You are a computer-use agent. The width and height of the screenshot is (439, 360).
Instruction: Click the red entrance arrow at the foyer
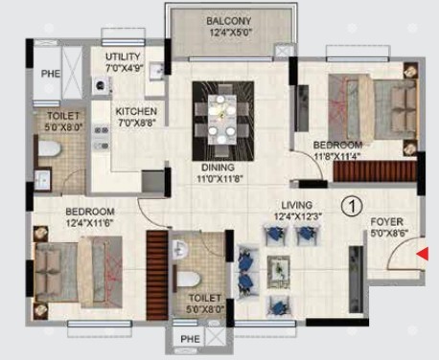coord(423,254)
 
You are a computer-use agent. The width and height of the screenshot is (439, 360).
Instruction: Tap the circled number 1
coord(352,206)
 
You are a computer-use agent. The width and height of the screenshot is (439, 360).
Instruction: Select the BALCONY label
coord(229,21)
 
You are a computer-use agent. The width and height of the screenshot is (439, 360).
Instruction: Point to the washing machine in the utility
coord(101,85)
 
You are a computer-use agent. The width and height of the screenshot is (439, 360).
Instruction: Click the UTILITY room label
coord(123,56)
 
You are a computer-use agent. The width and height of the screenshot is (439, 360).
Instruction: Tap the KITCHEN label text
coord(136,111)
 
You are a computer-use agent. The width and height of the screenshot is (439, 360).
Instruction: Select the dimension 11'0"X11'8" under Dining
coord(219,178)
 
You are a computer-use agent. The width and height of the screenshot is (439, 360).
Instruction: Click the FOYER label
coord(386,222)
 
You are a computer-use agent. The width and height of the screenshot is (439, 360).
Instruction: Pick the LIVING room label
coord(297,205)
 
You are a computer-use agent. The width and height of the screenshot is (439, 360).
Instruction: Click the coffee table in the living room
coord(279,272)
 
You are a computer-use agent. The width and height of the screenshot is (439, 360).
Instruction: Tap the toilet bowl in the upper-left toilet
coord(49,148)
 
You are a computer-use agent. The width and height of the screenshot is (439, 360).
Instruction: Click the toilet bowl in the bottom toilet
coord(189,280)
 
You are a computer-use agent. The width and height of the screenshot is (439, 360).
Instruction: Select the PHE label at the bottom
coord(190,339)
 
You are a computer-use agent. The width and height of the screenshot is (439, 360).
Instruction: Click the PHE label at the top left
coord(51,74)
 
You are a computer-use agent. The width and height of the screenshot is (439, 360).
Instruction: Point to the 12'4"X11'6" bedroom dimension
coord(90,223)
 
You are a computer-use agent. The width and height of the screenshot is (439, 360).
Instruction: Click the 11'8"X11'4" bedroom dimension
coord(337,157)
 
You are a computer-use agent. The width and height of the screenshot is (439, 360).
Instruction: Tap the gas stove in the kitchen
coord(102,138)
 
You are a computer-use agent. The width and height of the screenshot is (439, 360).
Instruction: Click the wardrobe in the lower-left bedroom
coord(157,275)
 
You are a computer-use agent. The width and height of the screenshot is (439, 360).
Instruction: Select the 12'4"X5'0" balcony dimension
coord(231,33)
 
